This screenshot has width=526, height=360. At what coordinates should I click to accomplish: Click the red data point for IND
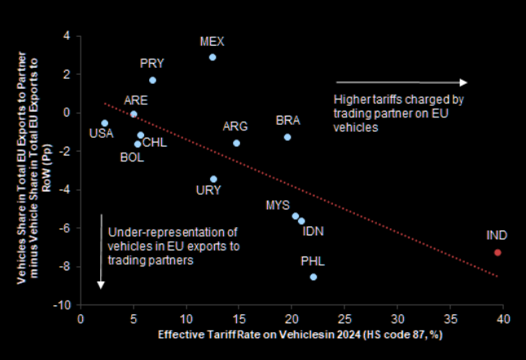pos(498,252)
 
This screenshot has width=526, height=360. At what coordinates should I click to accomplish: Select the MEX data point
pos(213,57)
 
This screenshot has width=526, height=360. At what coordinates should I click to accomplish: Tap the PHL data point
pos(313,277)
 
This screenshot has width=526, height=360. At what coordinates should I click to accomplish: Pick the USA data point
pos(104,123)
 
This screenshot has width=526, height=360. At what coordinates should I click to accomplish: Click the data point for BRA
pos(287,137)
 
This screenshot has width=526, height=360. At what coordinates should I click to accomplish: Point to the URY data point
pos(213,179)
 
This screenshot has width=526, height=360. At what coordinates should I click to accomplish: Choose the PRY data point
pos(152,81)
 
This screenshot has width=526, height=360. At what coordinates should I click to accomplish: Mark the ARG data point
pos(236,143)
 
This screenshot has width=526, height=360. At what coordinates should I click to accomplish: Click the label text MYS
pos(278,204)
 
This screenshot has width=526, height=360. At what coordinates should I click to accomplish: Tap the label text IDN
pos(313,231)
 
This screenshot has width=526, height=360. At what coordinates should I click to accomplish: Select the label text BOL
pos(132,157)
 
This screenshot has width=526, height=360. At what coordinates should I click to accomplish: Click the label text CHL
pos(155,143)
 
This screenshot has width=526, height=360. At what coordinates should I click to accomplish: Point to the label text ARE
pos(135,100)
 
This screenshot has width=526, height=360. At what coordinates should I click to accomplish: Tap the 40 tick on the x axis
pos(502,319)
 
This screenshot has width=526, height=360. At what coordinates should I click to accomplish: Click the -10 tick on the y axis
pos(63,305)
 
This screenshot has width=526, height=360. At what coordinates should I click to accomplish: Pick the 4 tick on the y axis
pos(68,36)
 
